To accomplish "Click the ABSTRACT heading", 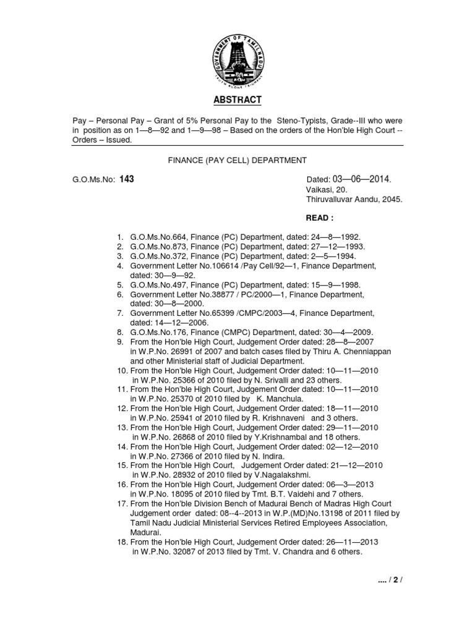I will pyautogui.click(x=237, y=100).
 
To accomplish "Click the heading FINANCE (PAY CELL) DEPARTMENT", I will pyautogui.click(x=237, y=160).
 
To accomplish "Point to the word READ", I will pyautogui.click(x=320, y=219).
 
